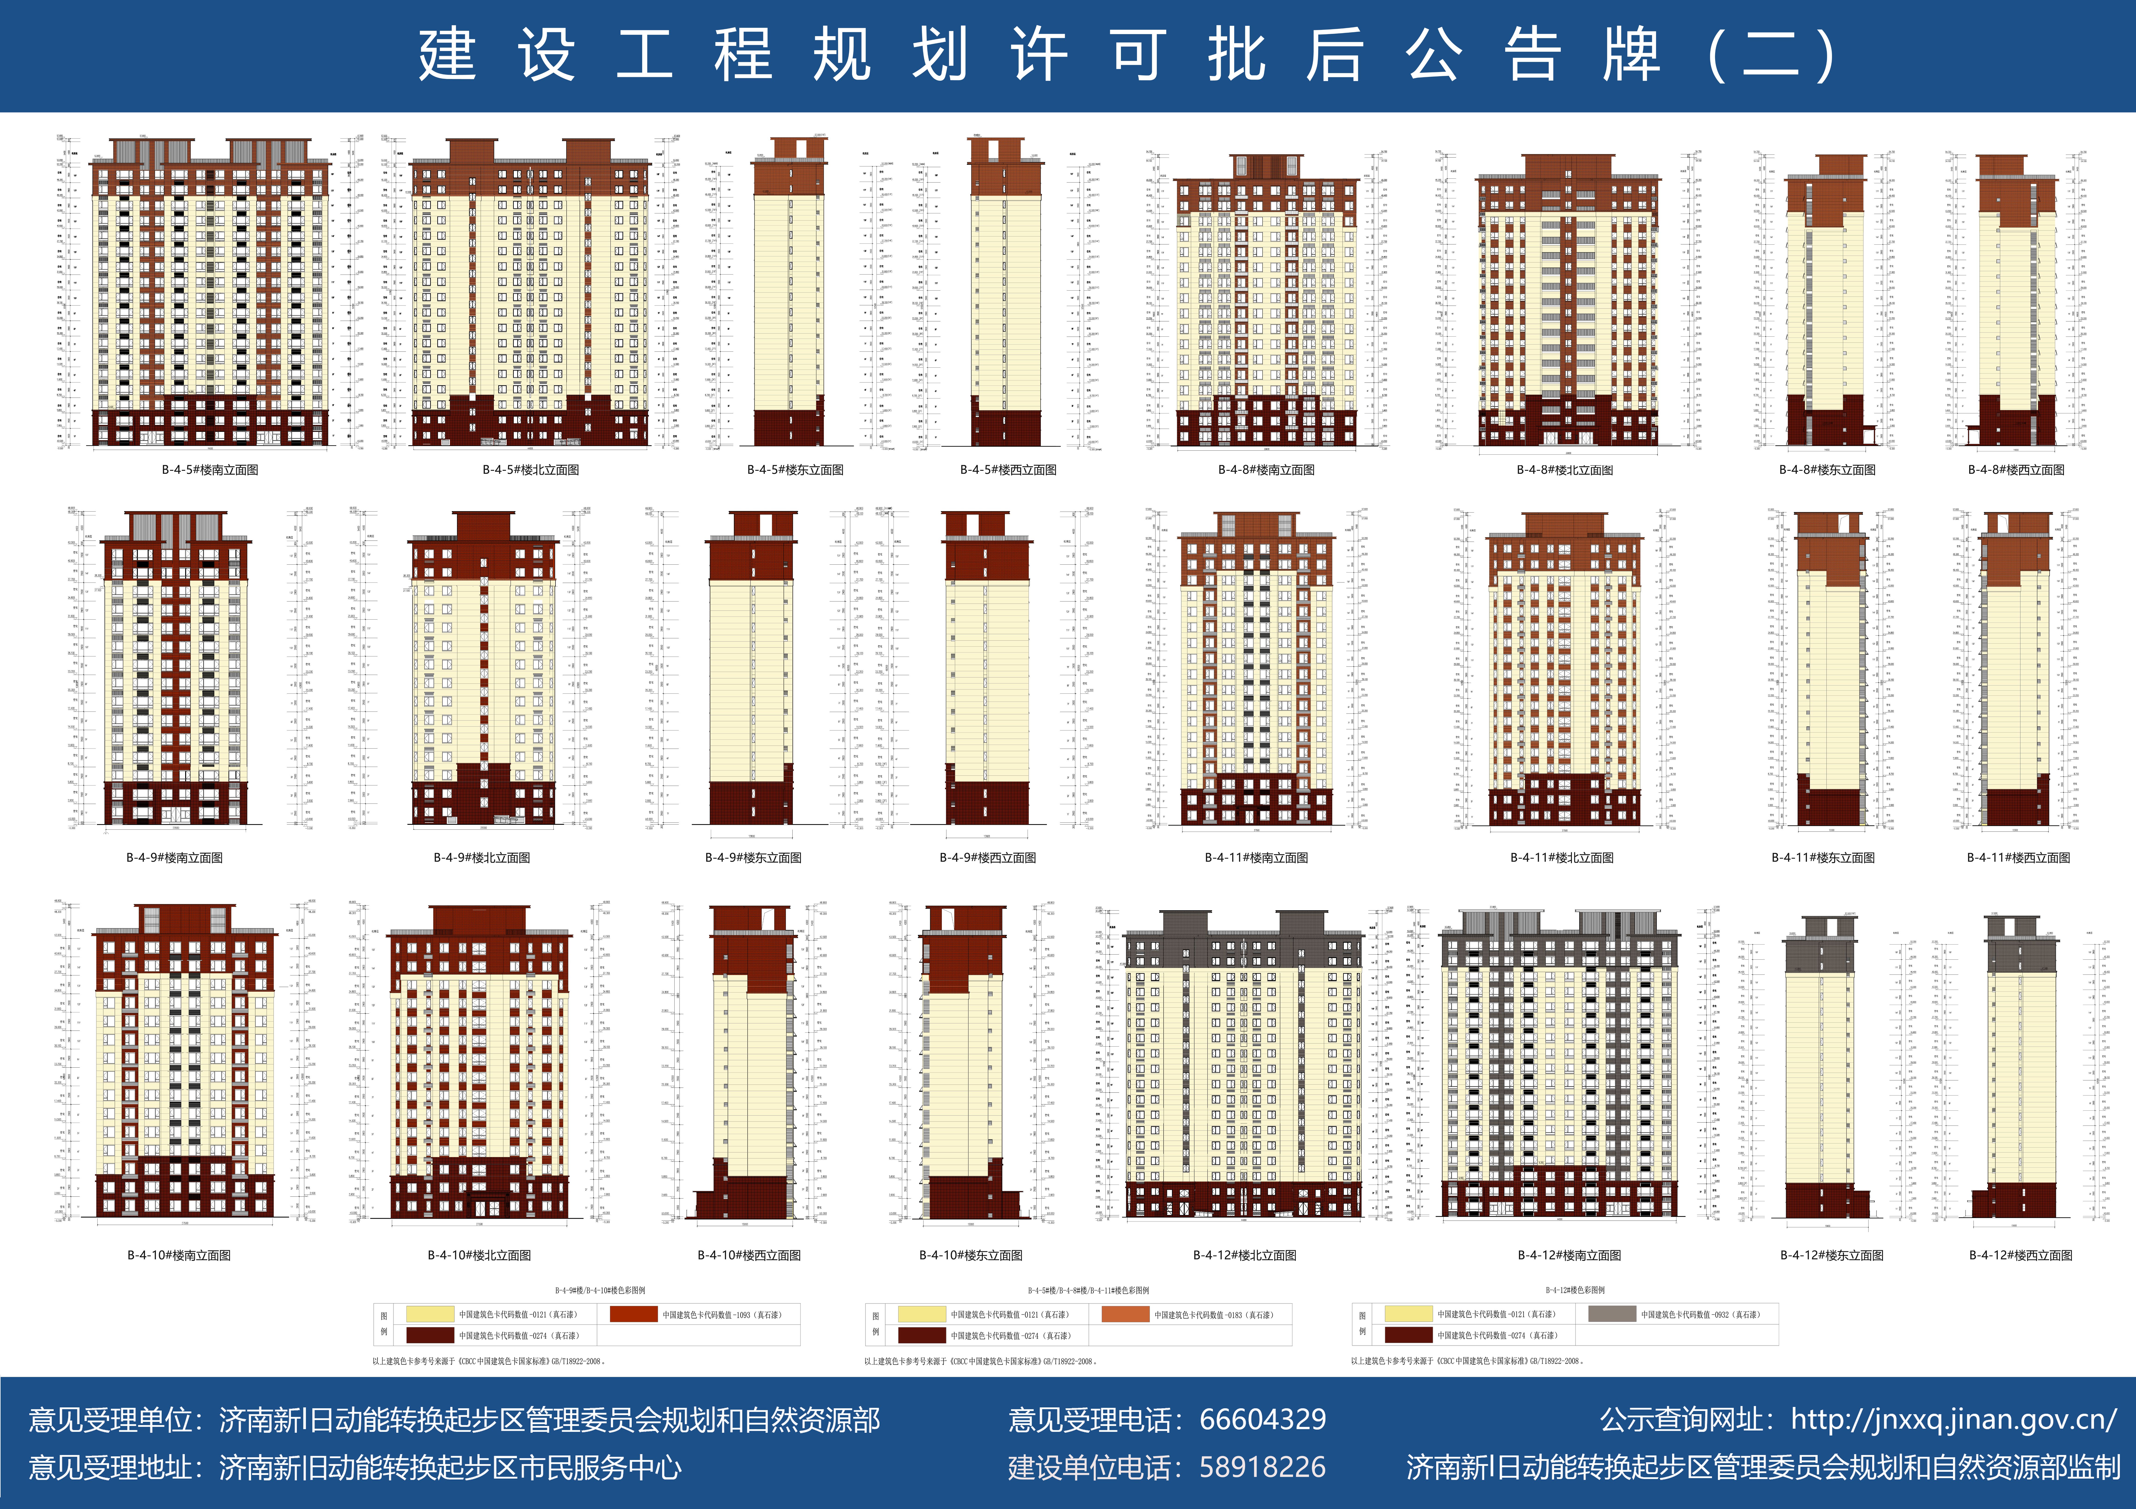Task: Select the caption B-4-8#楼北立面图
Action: [x=1565, y=470]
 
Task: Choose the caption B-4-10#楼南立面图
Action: [x=179, y=1255]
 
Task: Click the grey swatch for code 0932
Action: [x=1611, y=1314]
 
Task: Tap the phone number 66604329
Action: [x=1263, y=1420]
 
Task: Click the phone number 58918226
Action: [x=1263, y=1467]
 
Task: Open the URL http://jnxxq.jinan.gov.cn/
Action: [x=1954, y=1420]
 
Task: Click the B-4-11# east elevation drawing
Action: [x=1831, y=670]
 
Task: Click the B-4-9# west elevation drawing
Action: [x=987, y=670]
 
